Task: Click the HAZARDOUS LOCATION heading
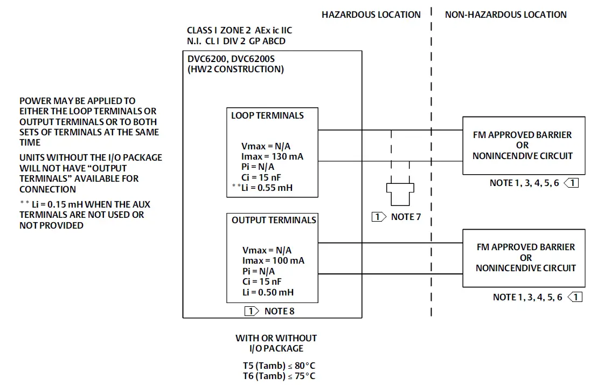pyautogui.click(x=371, y=15)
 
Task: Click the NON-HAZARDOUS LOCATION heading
pyautogui.click(x=505, y=15)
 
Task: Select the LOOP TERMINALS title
pyautogui.click(x=267, y=115)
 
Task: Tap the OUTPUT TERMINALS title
pyautogui.click(x=274, y=220)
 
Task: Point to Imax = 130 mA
pyautogui.click(x=273, y=156)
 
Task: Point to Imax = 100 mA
pyautogui.click(x=273, y=260)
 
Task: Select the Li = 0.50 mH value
pyautogui.click(x=268, y=292)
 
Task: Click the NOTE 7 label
pyautogui.click(x=406, y=217)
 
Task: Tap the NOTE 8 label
pyautogui.click(x=279, y=311)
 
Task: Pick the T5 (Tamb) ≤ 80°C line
pyautogui.click(x=279, y=365)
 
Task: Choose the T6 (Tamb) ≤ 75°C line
pyautogui.click(x=279, y=376)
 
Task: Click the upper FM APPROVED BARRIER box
pyautogui.click(x=523, y=145)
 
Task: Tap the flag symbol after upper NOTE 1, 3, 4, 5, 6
pyautogui.click(x=571, y=183)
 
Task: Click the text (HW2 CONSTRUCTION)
pyautogui.click(x=235, y=69)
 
